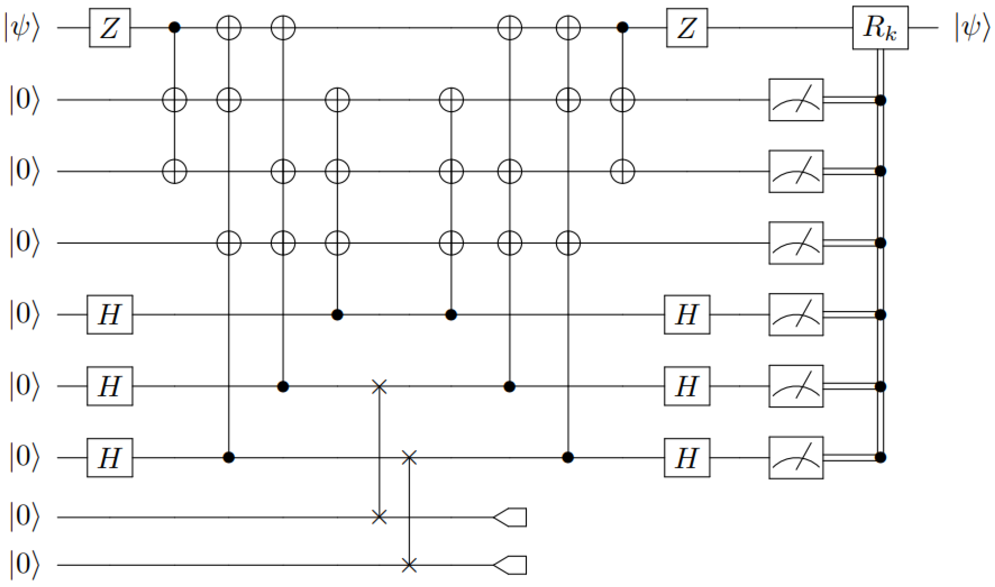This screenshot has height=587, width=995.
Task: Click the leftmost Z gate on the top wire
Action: point(110,28)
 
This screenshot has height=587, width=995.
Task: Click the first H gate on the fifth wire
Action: point(110,314)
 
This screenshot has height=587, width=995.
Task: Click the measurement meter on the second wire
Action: point(796,100)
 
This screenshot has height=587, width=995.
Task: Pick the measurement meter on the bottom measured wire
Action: point(796,458)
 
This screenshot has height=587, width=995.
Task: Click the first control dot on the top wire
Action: point(174,28)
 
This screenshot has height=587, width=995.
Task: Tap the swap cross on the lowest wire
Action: point(409,565)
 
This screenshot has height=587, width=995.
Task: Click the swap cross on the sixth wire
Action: point(379,386)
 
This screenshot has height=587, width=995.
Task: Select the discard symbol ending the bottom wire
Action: point(510,565)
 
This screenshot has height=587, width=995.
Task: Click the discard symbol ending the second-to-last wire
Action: point(510,517)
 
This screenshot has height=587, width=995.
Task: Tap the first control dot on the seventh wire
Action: point(229,458)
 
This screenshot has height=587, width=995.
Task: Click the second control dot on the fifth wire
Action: point(451,315)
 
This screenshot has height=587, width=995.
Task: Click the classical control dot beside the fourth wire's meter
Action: point(880,243)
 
